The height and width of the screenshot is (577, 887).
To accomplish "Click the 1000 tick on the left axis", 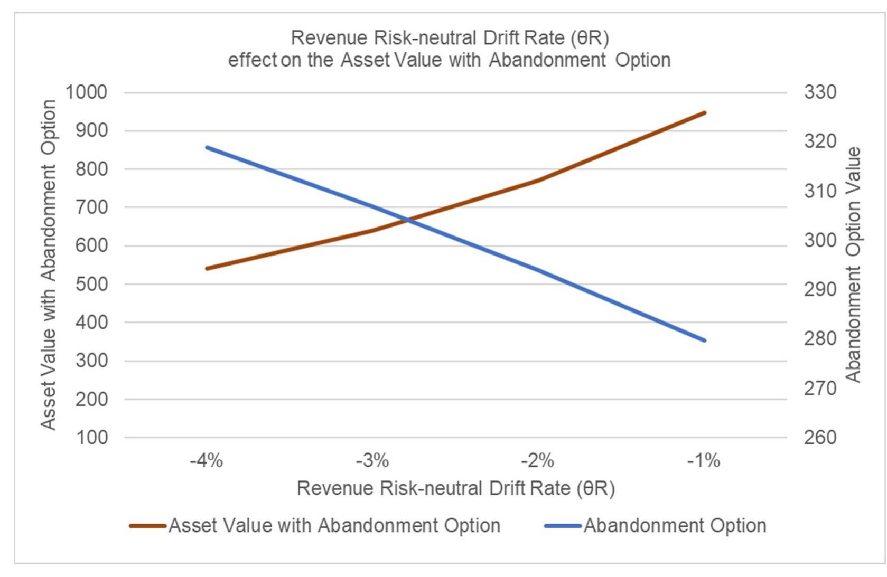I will click(86, 92).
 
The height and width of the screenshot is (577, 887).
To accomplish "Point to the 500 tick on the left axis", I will click(91, 284).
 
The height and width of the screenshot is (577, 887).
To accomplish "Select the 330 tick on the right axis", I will click(820, 92).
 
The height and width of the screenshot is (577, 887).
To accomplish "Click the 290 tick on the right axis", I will click(820, 289).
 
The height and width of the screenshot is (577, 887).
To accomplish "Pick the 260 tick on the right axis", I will click(820, 438).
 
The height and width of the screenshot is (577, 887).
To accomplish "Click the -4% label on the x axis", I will click(206, 461).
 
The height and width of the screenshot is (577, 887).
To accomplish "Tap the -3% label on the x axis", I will click(372, 461).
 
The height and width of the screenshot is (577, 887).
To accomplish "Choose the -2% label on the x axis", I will click(538, 461).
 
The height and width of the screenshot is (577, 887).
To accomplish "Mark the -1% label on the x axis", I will click(704, 461).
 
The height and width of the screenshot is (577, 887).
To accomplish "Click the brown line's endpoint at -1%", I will click(705, 113).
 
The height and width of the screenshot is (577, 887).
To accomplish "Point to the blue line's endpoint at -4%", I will click(207, 147).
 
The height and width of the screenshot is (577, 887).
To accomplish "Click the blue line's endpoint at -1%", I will click(705, 340).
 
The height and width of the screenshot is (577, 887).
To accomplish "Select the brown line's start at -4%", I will click(207, 269).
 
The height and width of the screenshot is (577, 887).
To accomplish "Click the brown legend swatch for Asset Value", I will click(148, 526).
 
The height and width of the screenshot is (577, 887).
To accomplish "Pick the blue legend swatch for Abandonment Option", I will click(563, 526).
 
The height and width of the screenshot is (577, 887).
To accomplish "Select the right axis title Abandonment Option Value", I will click(853, 264).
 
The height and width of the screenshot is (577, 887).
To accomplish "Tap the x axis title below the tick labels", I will click(455, 488).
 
